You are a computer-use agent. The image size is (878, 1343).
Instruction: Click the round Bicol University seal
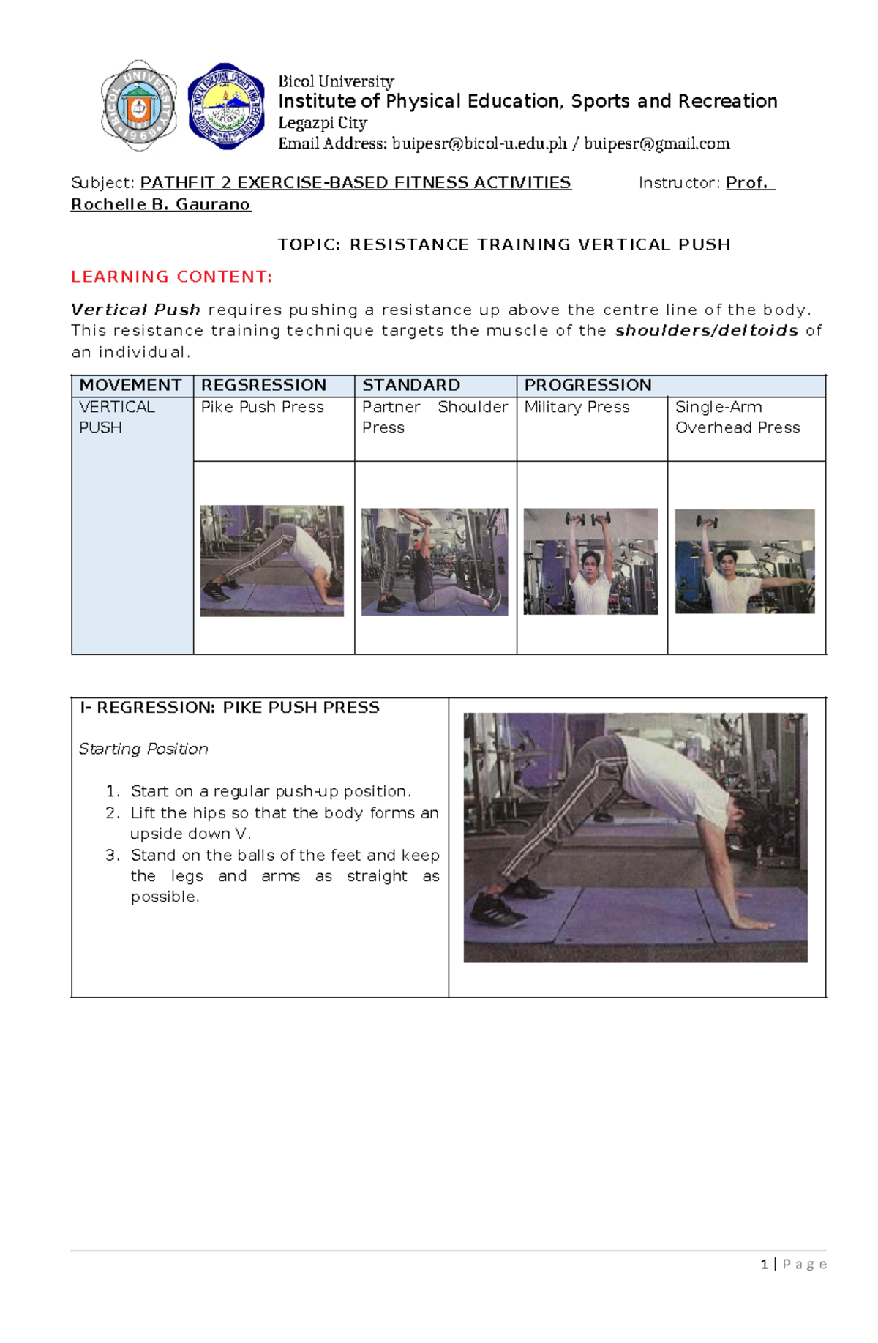[x=138, y=106]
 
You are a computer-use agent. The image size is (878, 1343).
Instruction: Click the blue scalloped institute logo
[x=226, y=106]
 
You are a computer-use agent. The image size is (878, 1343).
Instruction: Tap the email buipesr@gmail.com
[x=656, y=143]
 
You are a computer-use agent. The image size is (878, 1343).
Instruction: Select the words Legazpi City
[x=322, y=123]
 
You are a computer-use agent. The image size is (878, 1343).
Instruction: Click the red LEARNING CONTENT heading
[x=171, y=277]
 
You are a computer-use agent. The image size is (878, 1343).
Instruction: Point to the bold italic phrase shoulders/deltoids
[x=706, y=331]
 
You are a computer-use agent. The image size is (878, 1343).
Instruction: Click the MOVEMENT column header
[x=130, y=385]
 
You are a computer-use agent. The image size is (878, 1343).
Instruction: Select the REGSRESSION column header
[x=263, y=385]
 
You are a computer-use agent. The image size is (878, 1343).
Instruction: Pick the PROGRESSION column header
[x=588, y=385]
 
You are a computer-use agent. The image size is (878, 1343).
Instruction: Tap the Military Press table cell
[x=577, y=407]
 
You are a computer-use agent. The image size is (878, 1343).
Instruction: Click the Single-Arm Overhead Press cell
[x=737, y=417]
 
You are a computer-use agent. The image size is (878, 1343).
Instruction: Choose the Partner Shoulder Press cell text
[x=434, y=417]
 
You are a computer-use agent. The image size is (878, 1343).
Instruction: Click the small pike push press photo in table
[x=271, y=561]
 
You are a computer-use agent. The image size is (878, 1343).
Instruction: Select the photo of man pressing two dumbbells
[x=590, y=561]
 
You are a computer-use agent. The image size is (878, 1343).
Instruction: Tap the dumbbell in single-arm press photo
[x=707, y=523]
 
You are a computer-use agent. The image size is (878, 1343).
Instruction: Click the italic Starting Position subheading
[x=143, y=749]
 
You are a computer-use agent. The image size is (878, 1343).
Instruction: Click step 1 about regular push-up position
[x=271, y=791]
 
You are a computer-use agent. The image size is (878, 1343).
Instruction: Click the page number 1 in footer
[x=764, y=1264]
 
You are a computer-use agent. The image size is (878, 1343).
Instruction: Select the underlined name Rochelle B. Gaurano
[x=160, y=204]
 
